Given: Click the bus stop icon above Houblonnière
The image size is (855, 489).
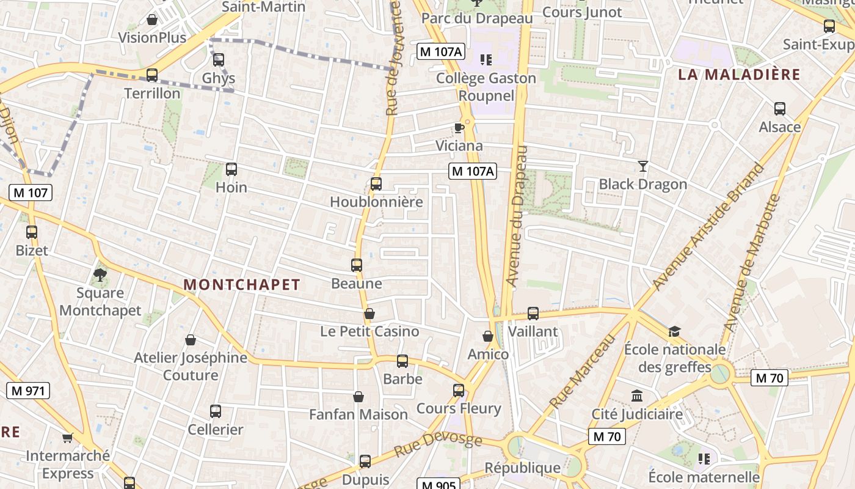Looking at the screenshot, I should click(376, 183).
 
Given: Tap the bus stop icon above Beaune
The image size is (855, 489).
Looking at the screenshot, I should click(357, 265).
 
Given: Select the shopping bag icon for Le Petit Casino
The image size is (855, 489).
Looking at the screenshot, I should click(369, 314).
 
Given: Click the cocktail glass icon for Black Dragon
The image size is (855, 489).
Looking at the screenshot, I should click(642, 166).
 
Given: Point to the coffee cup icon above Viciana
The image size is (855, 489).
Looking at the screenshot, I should click(459, 128).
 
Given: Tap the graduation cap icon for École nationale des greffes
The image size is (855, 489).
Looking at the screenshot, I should click(674, 331).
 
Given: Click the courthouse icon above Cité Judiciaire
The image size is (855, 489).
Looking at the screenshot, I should click(637, 396).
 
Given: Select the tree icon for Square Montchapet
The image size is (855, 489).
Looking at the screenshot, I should click(100, 275).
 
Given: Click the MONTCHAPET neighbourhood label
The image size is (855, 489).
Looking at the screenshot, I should click(242, 284).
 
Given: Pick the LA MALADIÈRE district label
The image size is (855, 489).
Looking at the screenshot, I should click(739, 75).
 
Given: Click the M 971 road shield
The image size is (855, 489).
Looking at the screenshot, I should click(28, 391).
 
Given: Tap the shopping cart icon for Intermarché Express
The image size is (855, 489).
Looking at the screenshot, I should click(67, 438).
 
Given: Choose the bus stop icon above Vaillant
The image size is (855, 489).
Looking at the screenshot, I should click(533, 314).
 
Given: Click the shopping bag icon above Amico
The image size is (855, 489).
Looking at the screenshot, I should click(488, 336).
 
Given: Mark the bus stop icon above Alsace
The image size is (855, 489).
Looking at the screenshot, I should click(780, 109).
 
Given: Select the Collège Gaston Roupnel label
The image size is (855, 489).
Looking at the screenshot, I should click(486, 87).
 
